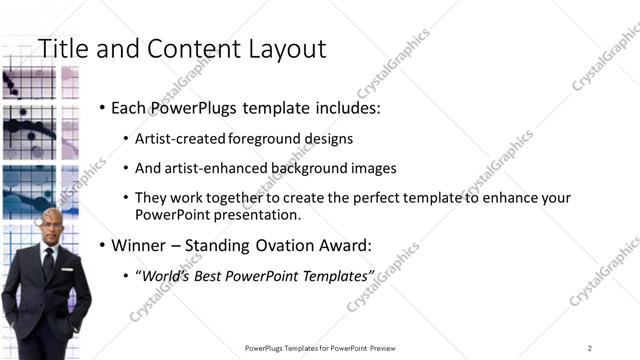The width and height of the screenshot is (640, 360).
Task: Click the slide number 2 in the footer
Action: pyautogui.click(x=589, y=348)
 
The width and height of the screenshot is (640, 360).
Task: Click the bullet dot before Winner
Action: pyautogui.click(x=103, y=245)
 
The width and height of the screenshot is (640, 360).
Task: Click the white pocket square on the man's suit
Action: pyautogui.click(x=64, y=269)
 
